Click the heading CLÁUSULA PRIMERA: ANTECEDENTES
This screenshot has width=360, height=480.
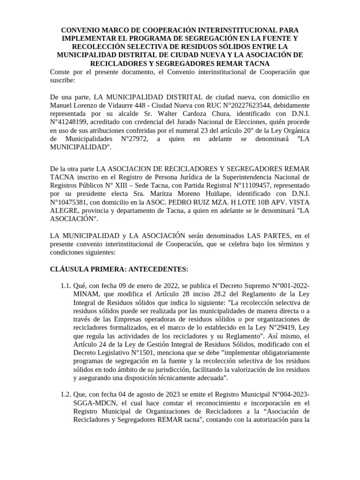[119, 269]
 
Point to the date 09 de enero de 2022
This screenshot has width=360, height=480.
[135, 286]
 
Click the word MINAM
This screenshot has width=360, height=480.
[86, 295]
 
